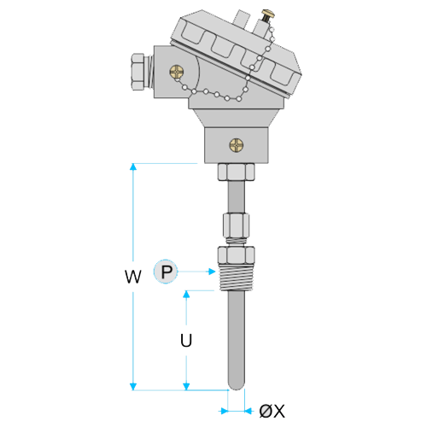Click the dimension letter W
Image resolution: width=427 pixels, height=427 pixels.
coord(133,276)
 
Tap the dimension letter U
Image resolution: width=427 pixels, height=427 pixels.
coord(186,340)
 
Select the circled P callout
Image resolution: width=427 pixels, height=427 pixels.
coord(166,272)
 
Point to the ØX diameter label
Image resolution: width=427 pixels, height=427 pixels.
coord(272,412)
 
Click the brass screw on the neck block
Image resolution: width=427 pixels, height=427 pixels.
coord(237,145)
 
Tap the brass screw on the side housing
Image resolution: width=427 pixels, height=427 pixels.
coord(177,73)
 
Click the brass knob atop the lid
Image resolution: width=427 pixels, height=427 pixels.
coord(268,15)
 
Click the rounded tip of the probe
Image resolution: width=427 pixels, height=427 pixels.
coord(237,386)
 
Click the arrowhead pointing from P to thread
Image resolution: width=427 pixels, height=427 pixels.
coord(212,272)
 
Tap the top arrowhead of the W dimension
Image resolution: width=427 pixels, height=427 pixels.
coord(133,167)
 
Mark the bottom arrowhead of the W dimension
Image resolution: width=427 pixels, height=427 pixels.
coord(133,387)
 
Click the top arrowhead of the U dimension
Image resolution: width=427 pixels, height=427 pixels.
coord(186,295)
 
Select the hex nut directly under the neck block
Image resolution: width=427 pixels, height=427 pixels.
coord(237,172)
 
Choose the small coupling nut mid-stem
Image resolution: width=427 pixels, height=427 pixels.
coord(237,225)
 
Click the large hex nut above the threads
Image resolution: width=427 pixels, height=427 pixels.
coord(237,255)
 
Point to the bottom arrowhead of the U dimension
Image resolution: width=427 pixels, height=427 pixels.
coord(186,387)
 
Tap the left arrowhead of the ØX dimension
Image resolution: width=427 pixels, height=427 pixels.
coord(225,411)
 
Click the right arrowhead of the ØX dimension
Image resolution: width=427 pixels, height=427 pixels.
coord(249,411)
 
